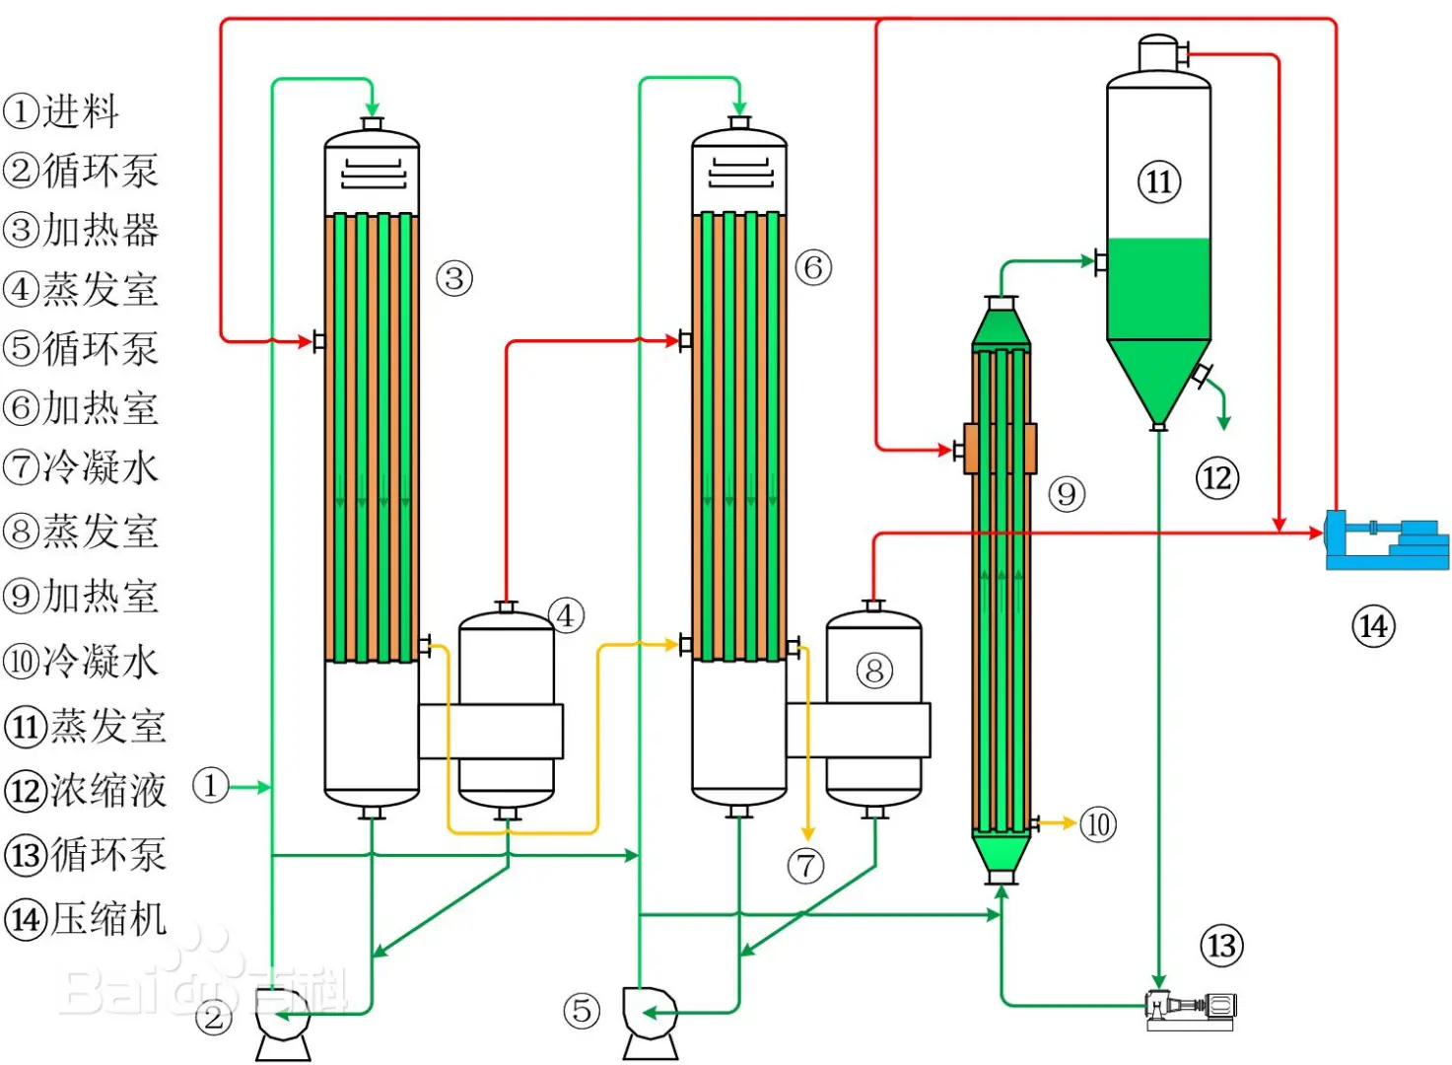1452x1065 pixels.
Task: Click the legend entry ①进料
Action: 61,110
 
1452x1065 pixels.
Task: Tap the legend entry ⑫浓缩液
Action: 85,791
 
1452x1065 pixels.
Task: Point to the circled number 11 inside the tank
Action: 1159,181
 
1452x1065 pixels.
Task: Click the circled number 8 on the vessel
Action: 874,671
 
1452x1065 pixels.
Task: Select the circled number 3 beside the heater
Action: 453,278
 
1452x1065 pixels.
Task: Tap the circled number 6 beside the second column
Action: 813,267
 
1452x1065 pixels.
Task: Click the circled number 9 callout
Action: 1067,494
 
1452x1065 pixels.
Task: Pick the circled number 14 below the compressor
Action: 1373,626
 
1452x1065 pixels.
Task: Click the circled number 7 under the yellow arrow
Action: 805,866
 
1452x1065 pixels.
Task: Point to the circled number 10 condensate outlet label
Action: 1098,825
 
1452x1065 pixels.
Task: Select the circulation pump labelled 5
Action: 651,1024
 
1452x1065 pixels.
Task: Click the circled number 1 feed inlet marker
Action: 210,786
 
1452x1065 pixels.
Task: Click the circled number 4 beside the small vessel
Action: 566,615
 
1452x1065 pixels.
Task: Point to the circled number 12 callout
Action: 1217,478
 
